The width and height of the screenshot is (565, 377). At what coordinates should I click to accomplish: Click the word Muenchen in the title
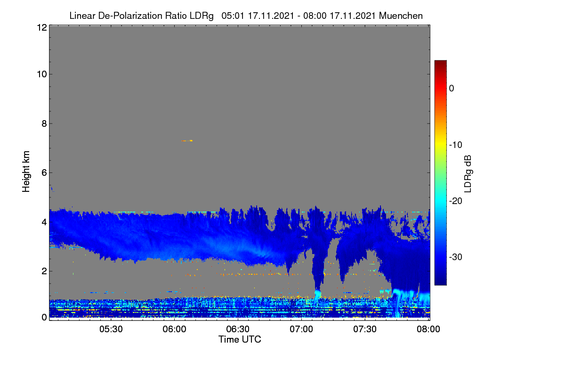(x=401, y=16)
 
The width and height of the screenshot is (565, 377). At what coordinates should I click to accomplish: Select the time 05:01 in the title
(x=233, y=16)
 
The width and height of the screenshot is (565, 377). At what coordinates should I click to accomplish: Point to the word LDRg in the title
(x=202, y=16)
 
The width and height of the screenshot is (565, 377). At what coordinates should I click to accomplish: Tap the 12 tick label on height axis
(x=42, y=27)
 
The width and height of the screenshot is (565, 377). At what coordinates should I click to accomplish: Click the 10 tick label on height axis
(x=42, y=74)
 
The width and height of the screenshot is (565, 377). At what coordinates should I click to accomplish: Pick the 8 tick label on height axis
(x=44, y=123)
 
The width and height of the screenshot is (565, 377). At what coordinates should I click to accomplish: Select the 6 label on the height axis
(x=44, y=173)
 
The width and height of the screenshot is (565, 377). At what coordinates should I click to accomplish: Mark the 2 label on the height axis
(x=44, y=271)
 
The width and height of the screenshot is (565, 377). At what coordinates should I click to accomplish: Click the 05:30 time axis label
(x=111, y=329)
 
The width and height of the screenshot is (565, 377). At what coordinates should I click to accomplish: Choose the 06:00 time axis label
(x=175, y=329)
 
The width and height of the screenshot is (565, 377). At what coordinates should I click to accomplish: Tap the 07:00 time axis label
(x=301, y=329)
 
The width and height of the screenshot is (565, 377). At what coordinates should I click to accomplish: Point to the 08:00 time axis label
(x=428, y=329)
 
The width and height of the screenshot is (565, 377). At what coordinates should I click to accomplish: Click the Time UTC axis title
(x=240, y=339)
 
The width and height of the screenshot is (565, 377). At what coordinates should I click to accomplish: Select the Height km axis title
(x=26, y=172)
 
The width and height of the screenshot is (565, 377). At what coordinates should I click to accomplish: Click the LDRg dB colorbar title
(x=468, y=174)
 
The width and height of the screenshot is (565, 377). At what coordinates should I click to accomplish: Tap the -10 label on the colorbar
(x=456, y=145)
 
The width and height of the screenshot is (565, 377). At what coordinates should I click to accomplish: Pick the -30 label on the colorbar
(x=456, y=257)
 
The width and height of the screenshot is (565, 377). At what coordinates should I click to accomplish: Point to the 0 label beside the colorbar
(x=452, y=89)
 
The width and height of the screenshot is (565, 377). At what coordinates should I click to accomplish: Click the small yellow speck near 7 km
(x=187, y=140)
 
